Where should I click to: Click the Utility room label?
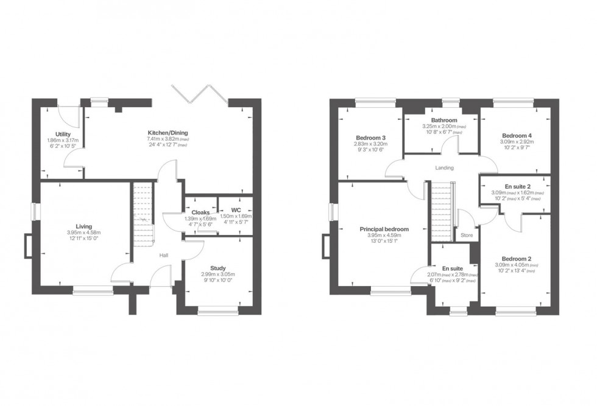(63, 134)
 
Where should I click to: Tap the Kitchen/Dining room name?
(167, 132)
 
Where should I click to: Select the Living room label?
(84, 226)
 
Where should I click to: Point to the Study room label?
(217, 268)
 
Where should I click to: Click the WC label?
(235, 211)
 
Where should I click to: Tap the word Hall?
(164, 256)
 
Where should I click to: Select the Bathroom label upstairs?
(442, 120)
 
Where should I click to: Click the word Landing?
(445, 168)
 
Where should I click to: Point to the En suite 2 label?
(517, 186)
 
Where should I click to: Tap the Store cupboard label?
(467, 234)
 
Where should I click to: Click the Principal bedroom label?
(384, 229)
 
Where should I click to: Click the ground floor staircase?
(141, 213)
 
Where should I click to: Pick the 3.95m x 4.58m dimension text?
(84, 233)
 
